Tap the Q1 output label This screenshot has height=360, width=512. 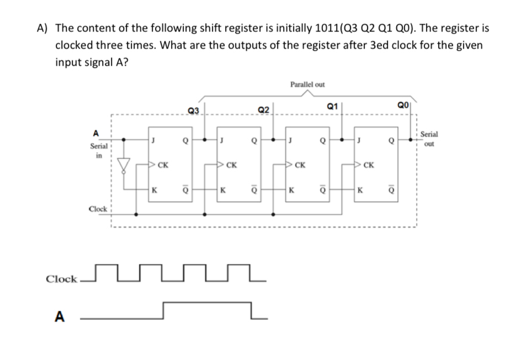pos(332,105)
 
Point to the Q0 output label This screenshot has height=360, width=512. pos(403,105)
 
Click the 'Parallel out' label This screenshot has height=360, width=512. pos(307,84)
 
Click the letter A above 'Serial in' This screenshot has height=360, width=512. pos(95,133)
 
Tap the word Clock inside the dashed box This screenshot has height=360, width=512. pos(98,209)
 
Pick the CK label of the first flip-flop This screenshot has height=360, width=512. pos(163,164)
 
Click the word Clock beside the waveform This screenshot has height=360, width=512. pos(61,279)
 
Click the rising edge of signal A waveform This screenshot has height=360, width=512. pos(163,310)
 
